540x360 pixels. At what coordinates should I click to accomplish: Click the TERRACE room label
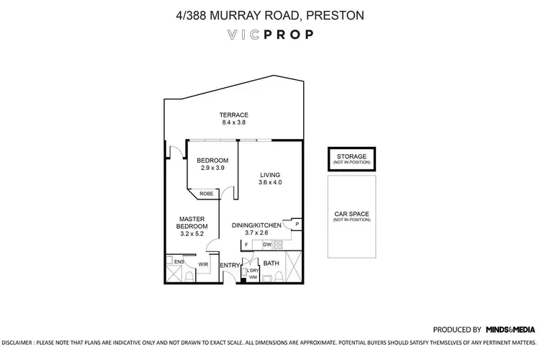234,114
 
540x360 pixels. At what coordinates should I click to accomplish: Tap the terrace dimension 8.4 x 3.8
234,123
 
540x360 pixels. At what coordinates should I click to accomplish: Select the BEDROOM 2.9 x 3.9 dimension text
213,168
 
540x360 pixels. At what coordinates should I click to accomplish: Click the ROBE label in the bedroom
206,193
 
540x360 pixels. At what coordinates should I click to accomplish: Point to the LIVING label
270,175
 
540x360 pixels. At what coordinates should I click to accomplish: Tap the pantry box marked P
297,225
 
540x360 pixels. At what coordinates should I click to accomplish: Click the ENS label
178,261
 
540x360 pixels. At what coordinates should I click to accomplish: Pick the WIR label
203,265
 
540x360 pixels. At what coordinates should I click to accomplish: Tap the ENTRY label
229,265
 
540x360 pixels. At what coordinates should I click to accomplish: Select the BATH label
271,264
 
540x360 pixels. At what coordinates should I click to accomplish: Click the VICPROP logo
269,34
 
